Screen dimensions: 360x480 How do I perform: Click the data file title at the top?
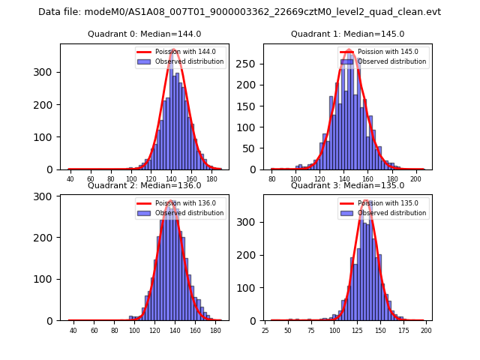coord(239,12)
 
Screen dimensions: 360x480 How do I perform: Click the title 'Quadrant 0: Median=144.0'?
coord(145,34)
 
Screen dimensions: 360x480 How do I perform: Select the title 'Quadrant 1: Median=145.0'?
coord(347,34)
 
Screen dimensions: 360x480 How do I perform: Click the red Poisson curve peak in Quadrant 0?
coord(174,50)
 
